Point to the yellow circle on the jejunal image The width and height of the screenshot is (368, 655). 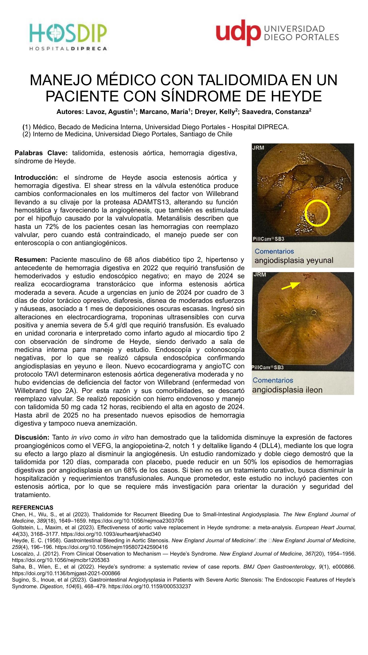pyautogui.click(x=317, y=213)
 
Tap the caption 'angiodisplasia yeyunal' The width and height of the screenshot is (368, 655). pyautogui.click(x=294, y=260)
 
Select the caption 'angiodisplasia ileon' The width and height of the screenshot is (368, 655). pyautogui.click(x=287, y=390)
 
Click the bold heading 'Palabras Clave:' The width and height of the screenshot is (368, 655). pyautogui.click(x=41, y=153)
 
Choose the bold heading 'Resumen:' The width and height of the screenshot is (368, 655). pyautogui.click(x=31, y=260)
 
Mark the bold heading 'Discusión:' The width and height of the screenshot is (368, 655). pyautogui.click(x=32, y=437)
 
